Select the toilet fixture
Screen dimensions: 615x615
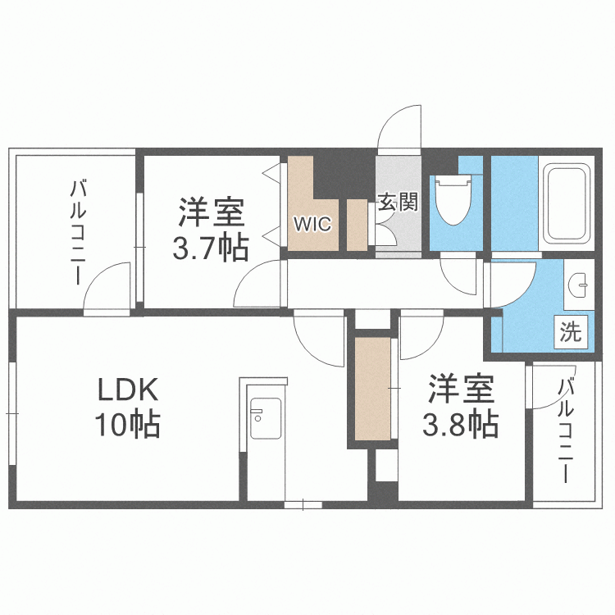point(451,203)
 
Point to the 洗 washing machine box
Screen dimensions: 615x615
point(571,332)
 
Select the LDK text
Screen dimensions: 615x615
point(127,387)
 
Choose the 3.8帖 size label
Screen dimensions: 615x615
point(459,424)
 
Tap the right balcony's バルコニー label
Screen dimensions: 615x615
point(566,431)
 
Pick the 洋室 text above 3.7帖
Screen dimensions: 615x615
point(211,213)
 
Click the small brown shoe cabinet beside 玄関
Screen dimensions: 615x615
point(357,224)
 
